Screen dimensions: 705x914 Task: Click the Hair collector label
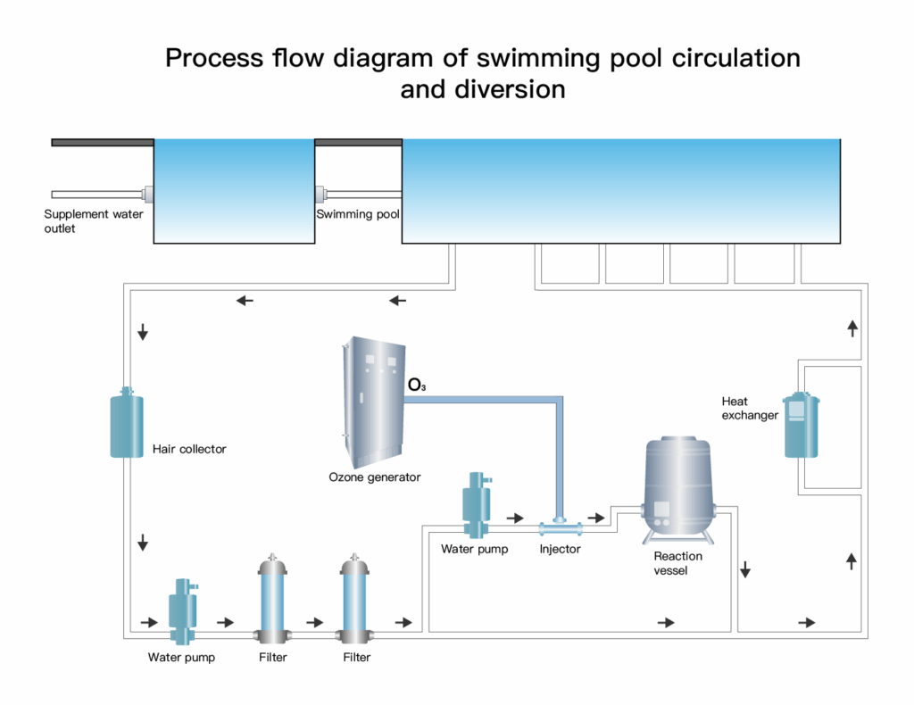point(189,449)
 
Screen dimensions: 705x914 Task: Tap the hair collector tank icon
point(127,426)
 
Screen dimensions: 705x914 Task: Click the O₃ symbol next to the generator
point(417,386)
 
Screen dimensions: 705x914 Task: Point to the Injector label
point(560,549)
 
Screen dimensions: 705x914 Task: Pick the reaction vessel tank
point(677,486)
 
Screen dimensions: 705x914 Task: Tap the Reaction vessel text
point(677,563)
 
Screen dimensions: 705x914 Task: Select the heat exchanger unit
point(801,425)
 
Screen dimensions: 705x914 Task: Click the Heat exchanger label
point(750,408)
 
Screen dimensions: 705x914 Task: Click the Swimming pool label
point(357,214)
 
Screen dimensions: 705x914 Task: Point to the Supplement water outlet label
point(93,221)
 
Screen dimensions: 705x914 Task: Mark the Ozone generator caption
point(374,477)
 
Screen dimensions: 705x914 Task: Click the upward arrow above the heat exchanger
point(852,328)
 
